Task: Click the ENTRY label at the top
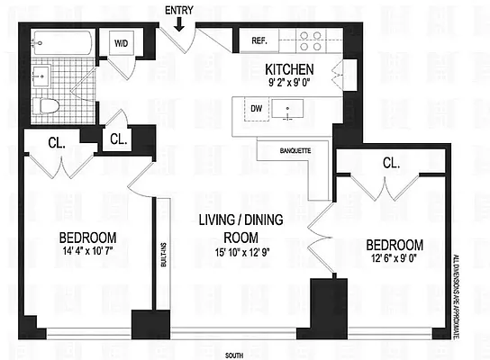click(x=179, y=10)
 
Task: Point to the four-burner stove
click(x=311, y=40)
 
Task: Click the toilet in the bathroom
click(x=50, y=105)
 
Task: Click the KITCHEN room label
click(x=289, y=68)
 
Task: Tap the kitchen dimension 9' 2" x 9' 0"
click(x=289, y=83)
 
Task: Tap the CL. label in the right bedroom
click(x=391, y=164)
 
